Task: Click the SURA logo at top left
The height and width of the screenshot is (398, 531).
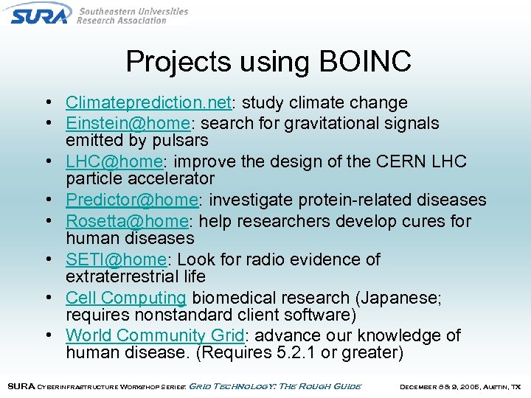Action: pyautogui.click(x=41, y=13)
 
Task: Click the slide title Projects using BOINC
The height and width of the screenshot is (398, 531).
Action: pyautogui.click(x=268, y=62)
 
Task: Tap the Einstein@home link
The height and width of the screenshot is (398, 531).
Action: pyautogui.click(x=126, y=123)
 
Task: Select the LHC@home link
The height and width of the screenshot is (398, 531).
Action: pyautogui.click(x=114, y=161)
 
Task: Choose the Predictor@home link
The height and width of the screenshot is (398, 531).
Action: pyautogui.click(x=131, y=200)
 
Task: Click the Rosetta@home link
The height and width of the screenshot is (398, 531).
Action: pyautogui.click(x=126, y=221)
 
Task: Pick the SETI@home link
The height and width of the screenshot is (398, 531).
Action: pyautogui.click(x=116, y=259)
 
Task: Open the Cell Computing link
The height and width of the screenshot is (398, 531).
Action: pyautogui.click(x=125, y=298)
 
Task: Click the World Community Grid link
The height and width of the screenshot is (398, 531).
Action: pyautogui.click(x=154, y=335)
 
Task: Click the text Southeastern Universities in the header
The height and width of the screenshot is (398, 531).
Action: pyautogui.click(x=133, y=12)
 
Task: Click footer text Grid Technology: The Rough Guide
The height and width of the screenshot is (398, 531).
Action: pyautogui.click(x=275, y=386)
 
